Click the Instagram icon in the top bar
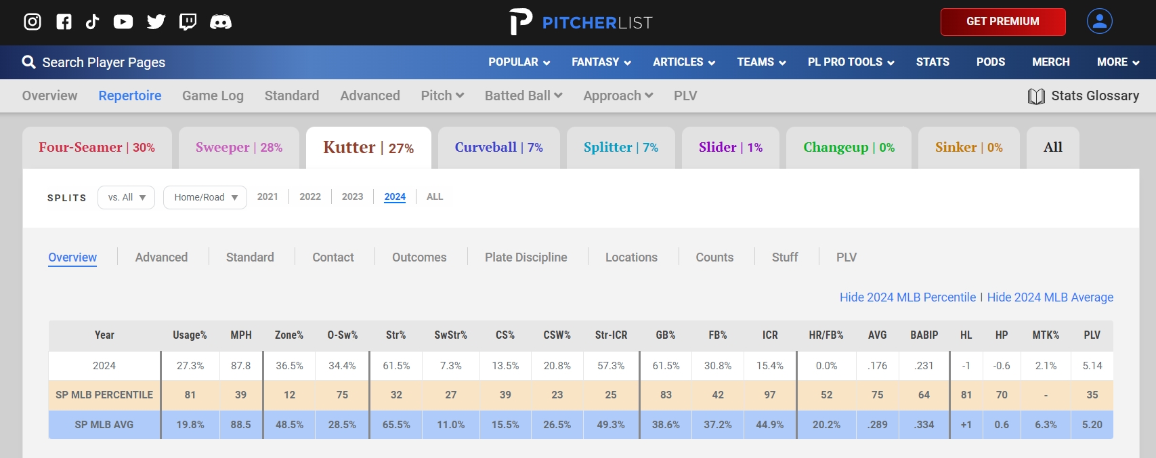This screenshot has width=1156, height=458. tap(33, 22)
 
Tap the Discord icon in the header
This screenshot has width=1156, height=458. tap(220, 22)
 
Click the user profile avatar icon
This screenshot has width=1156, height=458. tap(1099, 21)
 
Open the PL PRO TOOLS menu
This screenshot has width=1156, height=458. tap(851, 62)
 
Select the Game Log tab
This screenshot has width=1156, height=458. tap(213, 96)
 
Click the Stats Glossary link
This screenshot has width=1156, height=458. tap(1084, 96)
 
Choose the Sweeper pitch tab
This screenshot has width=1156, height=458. tap(239, 147)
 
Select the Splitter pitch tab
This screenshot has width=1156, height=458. tap(620, 147)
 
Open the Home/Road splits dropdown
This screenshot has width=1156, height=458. tap(205, 197)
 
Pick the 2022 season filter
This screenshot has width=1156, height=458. tap(310, 196)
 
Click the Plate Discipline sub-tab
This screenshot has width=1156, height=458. tap(526, 257)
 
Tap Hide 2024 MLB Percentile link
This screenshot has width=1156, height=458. tap(907, 297)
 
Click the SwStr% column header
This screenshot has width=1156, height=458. tap(450, 335)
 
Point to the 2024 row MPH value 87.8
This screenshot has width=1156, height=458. tap(240, 366)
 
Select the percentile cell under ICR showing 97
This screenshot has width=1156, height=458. tap(770, 395)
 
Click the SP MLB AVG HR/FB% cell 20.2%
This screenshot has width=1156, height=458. tap(826, 425)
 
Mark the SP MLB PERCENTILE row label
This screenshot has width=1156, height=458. tap(104, 395)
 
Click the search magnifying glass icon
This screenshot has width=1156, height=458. tap(28, 62)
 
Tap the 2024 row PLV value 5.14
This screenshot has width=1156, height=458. tap(1092, 366)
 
